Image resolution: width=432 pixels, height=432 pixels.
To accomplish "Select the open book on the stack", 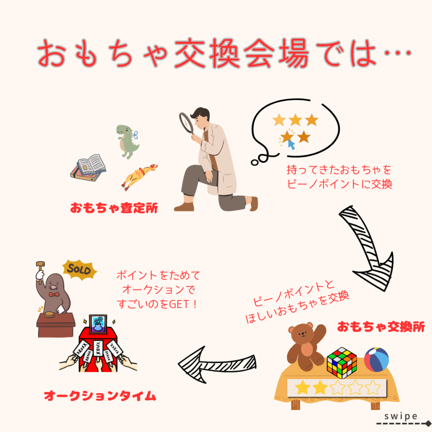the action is pyautogui.click(x=91, y=164).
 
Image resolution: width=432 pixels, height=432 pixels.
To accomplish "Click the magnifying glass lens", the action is pyautogui.click(x=186, y=123).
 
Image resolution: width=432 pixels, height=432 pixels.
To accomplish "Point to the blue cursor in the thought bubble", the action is pyautogui.click(x=291, y=144).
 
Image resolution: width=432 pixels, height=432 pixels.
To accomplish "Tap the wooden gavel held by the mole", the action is pyautogui.click(x=40, y=272).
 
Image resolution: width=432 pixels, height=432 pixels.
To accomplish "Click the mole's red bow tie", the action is pyautogui.click(x=54, y=294).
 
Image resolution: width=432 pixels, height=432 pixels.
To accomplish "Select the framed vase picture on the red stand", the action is pyautogui.click(x=98, y=324).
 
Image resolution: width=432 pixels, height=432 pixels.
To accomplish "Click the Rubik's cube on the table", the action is pyautogui.click(x=342, y=362).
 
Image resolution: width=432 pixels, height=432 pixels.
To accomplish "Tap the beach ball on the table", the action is pyautogui.click(x=376, y=359).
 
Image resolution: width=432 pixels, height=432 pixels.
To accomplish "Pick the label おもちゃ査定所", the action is pyautogui.click(x=114, y=208).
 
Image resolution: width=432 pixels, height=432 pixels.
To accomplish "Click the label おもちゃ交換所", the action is pyautogui.click(x=381, y=327).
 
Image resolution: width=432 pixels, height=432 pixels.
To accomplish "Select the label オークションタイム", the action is pyautogui.click(x=100, y=396).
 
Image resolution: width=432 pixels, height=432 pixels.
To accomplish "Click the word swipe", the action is pyautogui.click(x=401, y=416).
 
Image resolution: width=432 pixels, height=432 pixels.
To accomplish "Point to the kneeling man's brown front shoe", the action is pyautogui.click(x=184, y=207).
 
